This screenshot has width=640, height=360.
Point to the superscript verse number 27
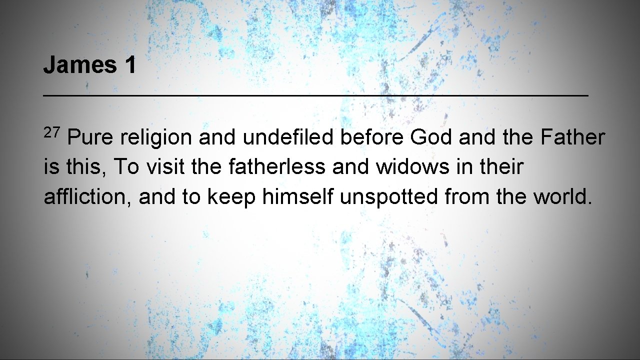point(52,132)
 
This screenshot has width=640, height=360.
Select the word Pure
point(90,137)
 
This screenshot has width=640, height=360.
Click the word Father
point(572,137)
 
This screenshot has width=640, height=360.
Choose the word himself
point(297,197)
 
